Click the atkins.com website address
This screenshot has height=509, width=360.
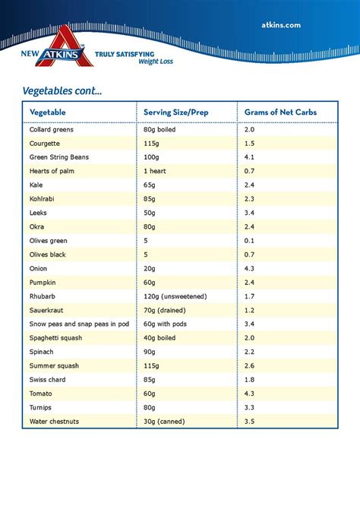point(281,24)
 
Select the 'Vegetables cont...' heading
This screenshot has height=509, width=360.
point(62,90)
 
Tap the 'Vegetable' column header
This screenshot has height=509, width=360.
point(47,112)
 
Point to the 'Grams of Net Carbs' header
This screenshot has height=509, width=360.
point(280,112)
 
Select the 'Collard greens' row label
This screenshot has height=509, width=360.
point(52,130)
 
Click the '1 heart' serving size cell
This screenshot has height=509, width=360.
point(156,171)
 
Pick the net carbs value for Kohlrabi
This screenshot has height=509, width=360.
point(250,199)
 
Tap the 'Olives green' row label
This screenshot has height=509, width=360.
point(49,240)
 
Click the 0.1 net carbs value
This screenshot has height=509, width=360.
point(250,240)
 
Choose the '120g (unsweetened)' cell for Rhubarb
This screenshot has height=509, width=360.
point(175,296)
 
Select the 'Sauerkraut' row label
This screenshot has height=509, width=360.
point(47,310)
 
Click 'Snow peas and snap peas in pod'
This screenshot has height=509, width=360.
point(78,324)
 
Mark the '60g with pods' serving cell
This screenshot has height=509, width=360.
point(166,324)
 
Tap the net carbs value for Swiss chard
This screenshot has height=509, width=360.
point(250,379)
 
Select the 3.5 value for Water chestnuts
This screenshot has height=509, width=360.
point(250,421)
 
